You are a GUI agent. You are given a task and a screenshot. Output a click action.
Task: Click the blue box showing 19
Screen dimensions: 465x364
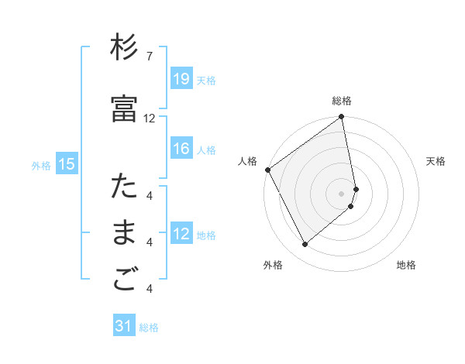click(181, 78)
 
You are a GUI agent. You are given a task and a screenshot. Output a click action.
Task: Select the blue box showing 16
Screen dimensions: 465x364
click(181, 149)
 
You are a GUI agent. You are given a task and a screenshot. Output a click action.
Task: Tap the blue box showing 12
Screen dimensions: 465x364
click(181, 234)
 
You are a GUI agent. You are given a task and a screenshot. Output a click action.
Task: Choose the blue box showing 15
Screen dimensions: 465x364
click(67, 163)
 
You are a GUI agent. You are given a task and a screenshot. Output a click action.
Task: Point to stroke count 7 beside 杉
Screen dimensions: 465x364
click(150, 57)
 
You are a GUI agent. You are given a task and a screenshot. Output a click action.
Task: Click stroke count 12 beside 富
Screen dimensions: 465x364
click(150, 118)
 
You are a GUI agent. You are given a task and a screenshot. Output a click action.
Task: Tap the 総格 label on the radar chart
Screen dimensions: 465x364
click(342, 101)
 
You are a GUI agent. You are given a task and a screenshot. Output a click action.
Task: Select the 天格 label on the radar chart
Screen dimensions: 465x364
click(436, 161)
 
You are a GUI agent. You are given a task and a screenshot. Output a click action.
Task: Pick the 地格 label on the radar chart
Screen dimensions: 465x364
click(406, 265)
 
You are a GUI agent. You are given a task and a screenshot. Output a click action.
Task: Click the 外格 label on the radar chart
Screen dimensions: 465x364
click(273, 265)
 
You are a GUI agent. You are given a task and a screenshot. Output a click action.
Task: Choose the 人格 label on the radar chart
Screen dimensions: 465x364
click(248, 161)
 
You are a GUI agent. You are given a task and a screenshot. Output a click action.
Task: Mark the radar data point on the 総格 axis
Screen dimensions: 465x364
click(342, 118)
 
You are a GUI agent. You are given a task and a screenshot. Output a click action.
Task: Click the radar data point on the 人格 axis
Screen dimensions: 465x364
click(267, 170)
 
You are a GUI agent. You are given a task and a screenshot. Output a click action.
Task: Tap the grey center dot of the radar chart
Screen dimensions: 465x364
click(342, 193)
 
